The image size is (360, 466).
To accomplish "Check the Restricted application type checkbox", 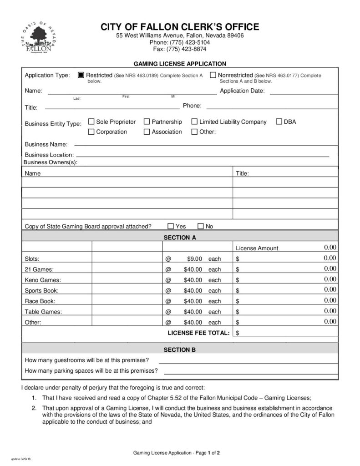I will [x=81, y=75].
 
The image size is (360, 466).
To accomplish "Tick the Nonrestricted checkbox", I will [x=213, y=75].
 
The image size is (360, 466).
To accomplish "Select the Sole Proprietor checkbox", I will [x=91, y=122].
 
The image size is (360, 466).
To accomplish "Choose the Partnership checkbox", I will [x=147, y=122].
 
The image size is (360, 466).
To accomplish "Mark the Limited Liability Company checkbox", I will [x=194, y=122].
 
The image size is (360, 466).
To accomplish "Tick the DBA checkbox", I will [x=279, y=122].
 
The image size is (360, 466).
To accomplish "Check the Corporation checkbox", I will [x=91, y=132].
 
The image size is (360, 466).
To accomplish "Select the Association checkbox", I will [x=147, y=132].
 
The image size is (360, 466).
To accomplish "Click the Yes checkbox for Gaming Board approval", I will [x=171, y=226].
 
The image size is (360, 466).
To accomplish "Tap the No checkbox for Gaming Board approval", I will [x=201, y=226].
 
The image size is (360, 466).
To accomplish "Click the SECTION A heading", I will [x=180, y=238].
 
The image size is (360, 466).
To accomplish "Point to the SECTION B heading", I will [x=180, y=349].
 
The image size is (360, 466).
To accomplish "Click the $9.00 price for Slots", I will [x=194, y=259].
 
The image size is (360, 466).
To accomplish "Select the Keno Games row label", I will [x=43, y=280].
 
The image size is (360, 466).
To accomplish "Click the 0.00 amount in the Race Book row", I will [x=330, y=300].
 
